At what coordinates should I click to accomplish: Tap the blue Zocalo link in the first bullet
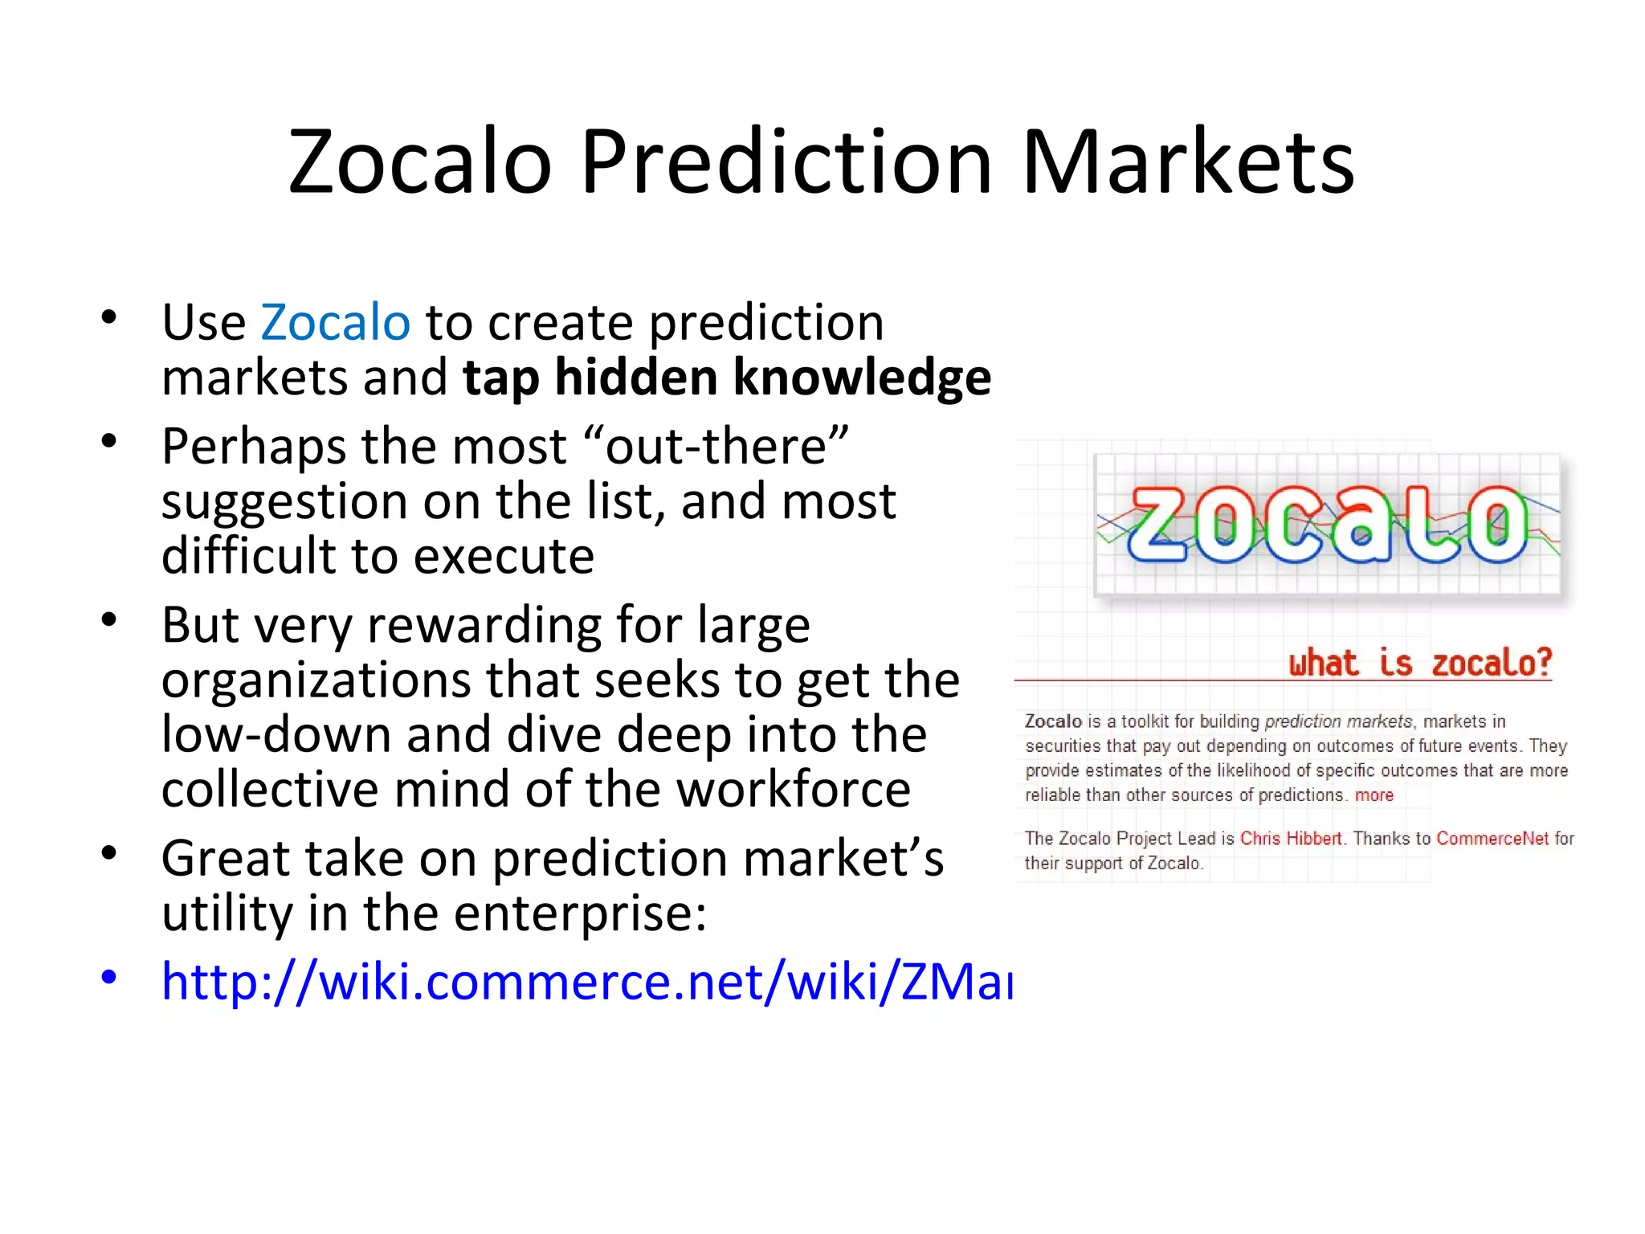(335, 323)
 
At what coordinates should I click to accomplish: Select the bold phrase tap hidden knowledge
(726, 378)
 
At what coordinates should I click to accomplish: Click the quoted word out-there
(715, 447)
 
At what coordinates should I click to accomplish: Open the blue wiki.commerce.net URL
(586, 982)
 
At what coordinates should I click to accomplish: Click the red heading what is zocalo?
(1419, 664)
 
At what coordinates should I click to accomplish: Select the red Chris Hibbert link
(1290, 839)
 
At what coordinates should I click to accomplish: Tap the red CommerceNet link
(1492, 839)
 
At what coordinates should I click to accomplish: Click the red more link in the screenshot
(1374, 795)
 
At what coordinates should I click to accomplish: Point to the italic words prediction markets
(1337, 721)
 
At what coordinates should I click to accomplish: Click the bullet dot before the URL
(109, 978)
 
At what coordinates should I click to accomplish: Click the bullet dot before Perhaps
(109, 441)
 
